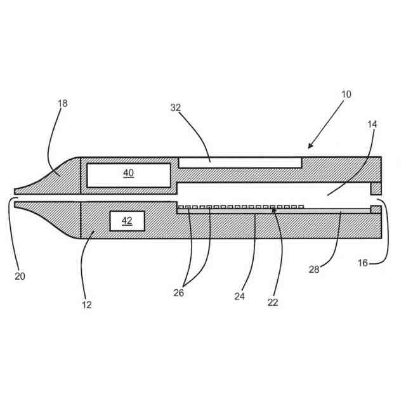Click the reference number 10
click(346, 95)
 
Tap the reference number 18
click(62, 103)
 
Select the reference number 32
click(175, 108)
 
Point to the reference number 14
click(372, 124)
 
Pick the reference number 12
click(87, 304)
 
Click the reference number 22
click(273, 303)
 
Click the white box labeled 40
click(128, 174)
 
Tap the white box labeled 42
click(127, 221)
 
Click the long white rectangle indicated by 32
click(239, 162)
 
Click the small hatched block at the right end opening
click(376, 189)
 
